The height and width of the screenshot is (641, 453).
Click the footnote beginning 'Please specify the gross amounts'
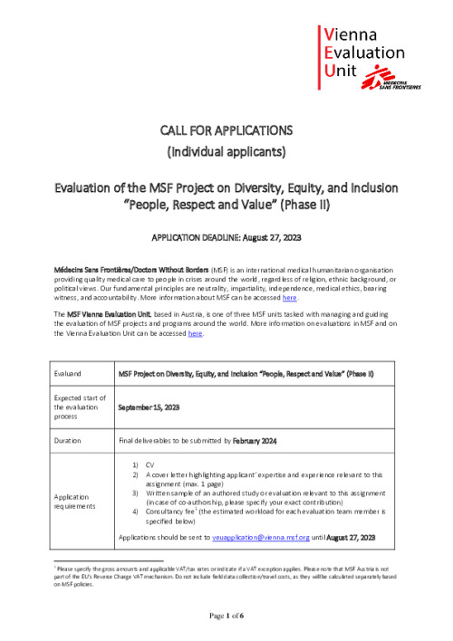226,571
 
